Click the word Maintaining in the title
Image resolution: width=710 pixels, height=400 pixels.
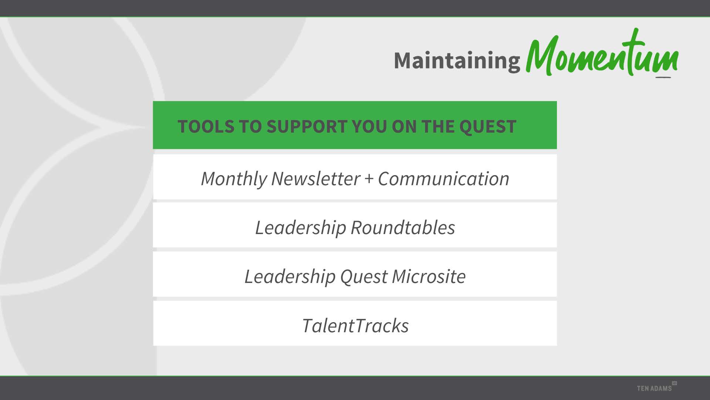click(x=457, y=61)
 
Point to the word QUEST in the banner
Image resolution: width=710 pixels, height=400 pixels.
click(x=488, y=127)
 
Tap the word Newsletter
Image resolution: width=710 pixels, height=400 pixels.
click(x=315, y=179)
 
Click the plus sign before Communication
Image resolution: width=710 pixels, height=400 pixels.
click(x=369, y=179)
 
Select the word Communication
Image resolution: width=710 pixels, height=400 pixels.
click(x=443, y=179)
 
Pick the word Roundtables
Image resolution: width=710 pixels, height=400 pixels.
click(x=403, y=227)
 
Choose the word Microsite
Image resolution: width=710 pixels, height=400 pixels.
click(x=429, y=276)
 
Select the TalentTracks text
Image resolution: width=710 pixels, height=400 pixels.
click(x=355, y=326)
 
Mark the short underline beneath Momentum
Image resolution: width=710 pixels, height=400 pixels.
click(x=663, y=77)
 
